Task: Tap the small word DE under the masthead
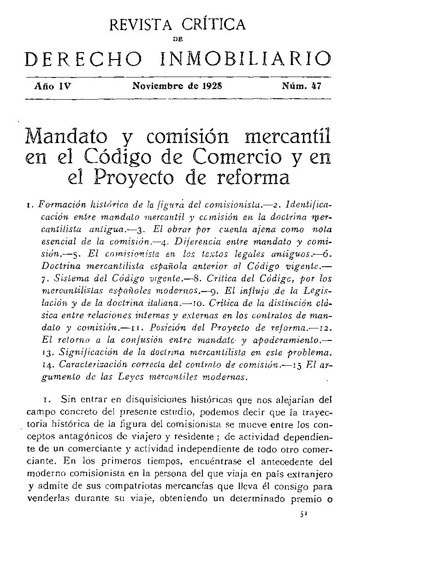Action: tap(178, 40)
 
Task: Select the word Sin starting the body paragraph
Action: tap(75, 399)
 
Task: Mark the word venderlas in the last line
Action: tap(48, 499)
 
